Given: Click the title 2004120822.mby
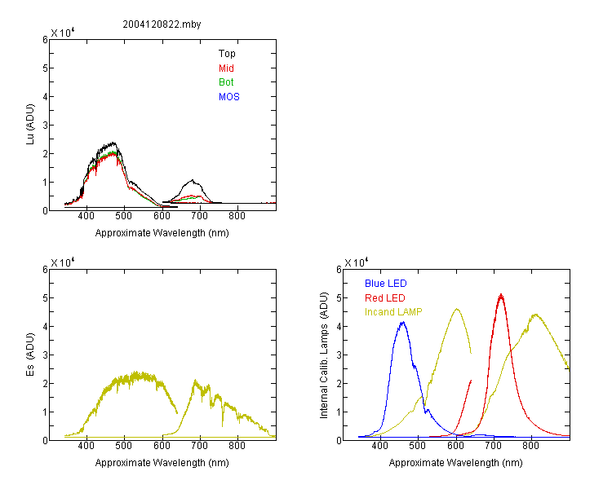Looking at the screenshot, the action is coord(162,24).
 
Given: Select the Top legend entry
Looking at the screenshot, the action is coord(227,54).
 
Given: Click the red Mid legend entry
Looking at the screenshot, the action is coord(226,68).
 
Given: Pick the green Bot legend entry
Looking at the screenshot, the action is coord(226,82).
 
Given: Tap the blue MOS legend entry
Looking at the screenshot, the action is coord(229,97).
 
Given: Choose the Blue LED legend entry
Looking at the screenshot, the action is coord(386,284).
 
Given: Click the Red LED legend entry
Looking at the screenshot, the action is coord(385,298).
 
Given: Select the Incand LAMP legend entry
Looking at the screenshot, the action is coord(393,312).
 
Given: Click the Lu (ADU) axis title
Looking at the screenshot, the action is coord(30,125).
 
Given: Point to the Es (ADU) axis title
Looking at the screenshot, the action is coord(30,355).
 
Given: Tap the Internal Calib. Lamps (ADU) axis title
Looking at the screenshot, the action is coord(324,355).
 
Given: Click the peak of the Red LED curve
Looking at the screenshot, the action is coord(501,295).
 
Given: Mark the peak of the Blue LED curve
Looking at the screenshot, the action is coord(403,323).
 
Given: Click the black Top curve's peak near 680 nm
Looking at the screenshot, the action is coord(193,180).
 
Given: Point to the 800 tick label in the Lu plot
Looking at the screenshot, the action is coord(237,216).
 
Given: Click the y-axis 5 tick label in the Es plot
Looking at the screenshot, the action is coord(45,298).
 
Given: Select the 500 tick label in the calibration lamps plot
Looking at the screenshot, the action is coord(418,446).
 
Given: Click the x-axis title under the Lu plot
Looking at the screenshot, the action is coord(162,233).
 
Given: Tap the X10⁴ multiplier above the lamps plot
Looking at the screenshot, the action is coord(357,262).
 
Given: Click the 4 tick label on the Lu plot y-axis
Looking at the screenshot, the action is coord(45,97).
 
